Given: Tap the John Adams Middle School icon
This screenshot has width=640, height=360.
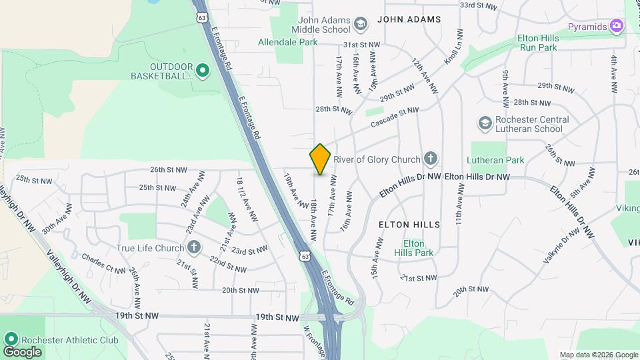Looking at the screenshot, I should pos(361,25).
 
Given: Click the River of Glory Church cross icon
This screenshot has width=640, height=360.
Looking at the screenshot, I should pos(431,159).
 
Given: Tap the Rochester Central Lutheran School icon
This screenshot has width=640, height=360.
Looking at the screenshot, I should pos(485,123).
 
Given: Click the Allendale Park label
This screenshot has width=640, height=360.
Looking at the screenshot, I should pos(287,42).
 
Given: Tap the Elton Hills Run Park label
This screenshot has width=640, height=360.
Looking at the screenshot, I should pos(537,43).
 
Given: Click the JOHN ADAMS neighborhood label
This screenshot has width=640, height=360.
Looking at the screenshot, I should pos(409,19).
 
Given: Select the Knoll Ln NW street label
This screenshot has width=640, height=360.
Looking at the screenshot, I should pos(454,55).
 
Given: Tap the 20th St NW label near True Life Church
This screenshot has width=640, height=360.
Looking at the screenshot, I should pos(240,291).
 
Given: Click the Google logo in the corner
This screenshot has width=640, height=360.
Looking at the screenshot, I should pos(22,351).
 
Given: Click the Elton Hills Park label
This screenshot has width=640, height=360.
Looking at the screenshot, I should pos(413,248).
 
